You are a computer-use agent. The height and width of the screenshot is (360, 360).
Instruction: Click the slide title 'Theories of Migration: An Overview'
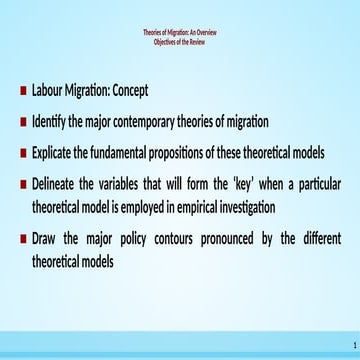[x=180, y=33]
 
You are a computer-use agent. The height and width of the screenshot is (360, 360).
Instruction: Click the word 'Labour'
[x=50, y=90]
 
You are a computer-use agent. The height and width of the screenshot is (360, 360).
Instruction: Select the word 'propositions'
[x=207, y=154]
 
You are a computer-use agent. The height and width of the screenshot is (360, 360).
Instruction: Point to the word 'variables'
[x=137, y=186]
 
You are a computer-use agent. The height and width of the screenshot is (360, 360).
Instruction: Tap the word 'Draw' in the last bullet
[x=46, y=239]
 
